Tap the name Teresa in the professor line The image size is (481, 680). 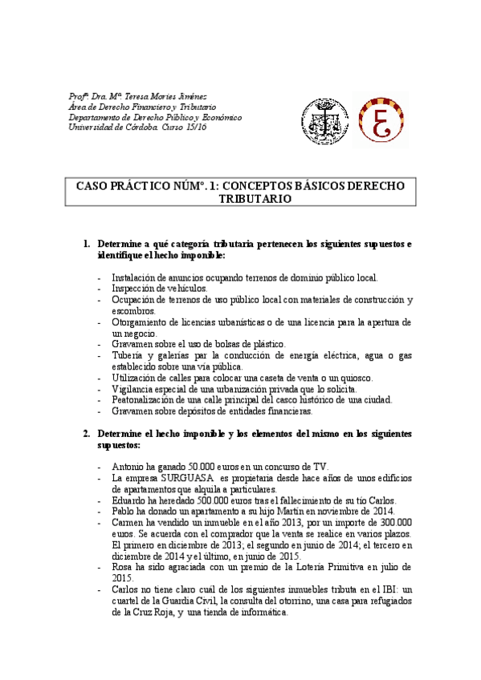pos(141,96)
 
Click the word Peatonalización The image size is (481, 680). pos(150,400)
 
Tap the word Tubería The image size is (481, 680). pos(130,355)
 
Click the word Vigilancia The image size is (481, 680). pos(137,389)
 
